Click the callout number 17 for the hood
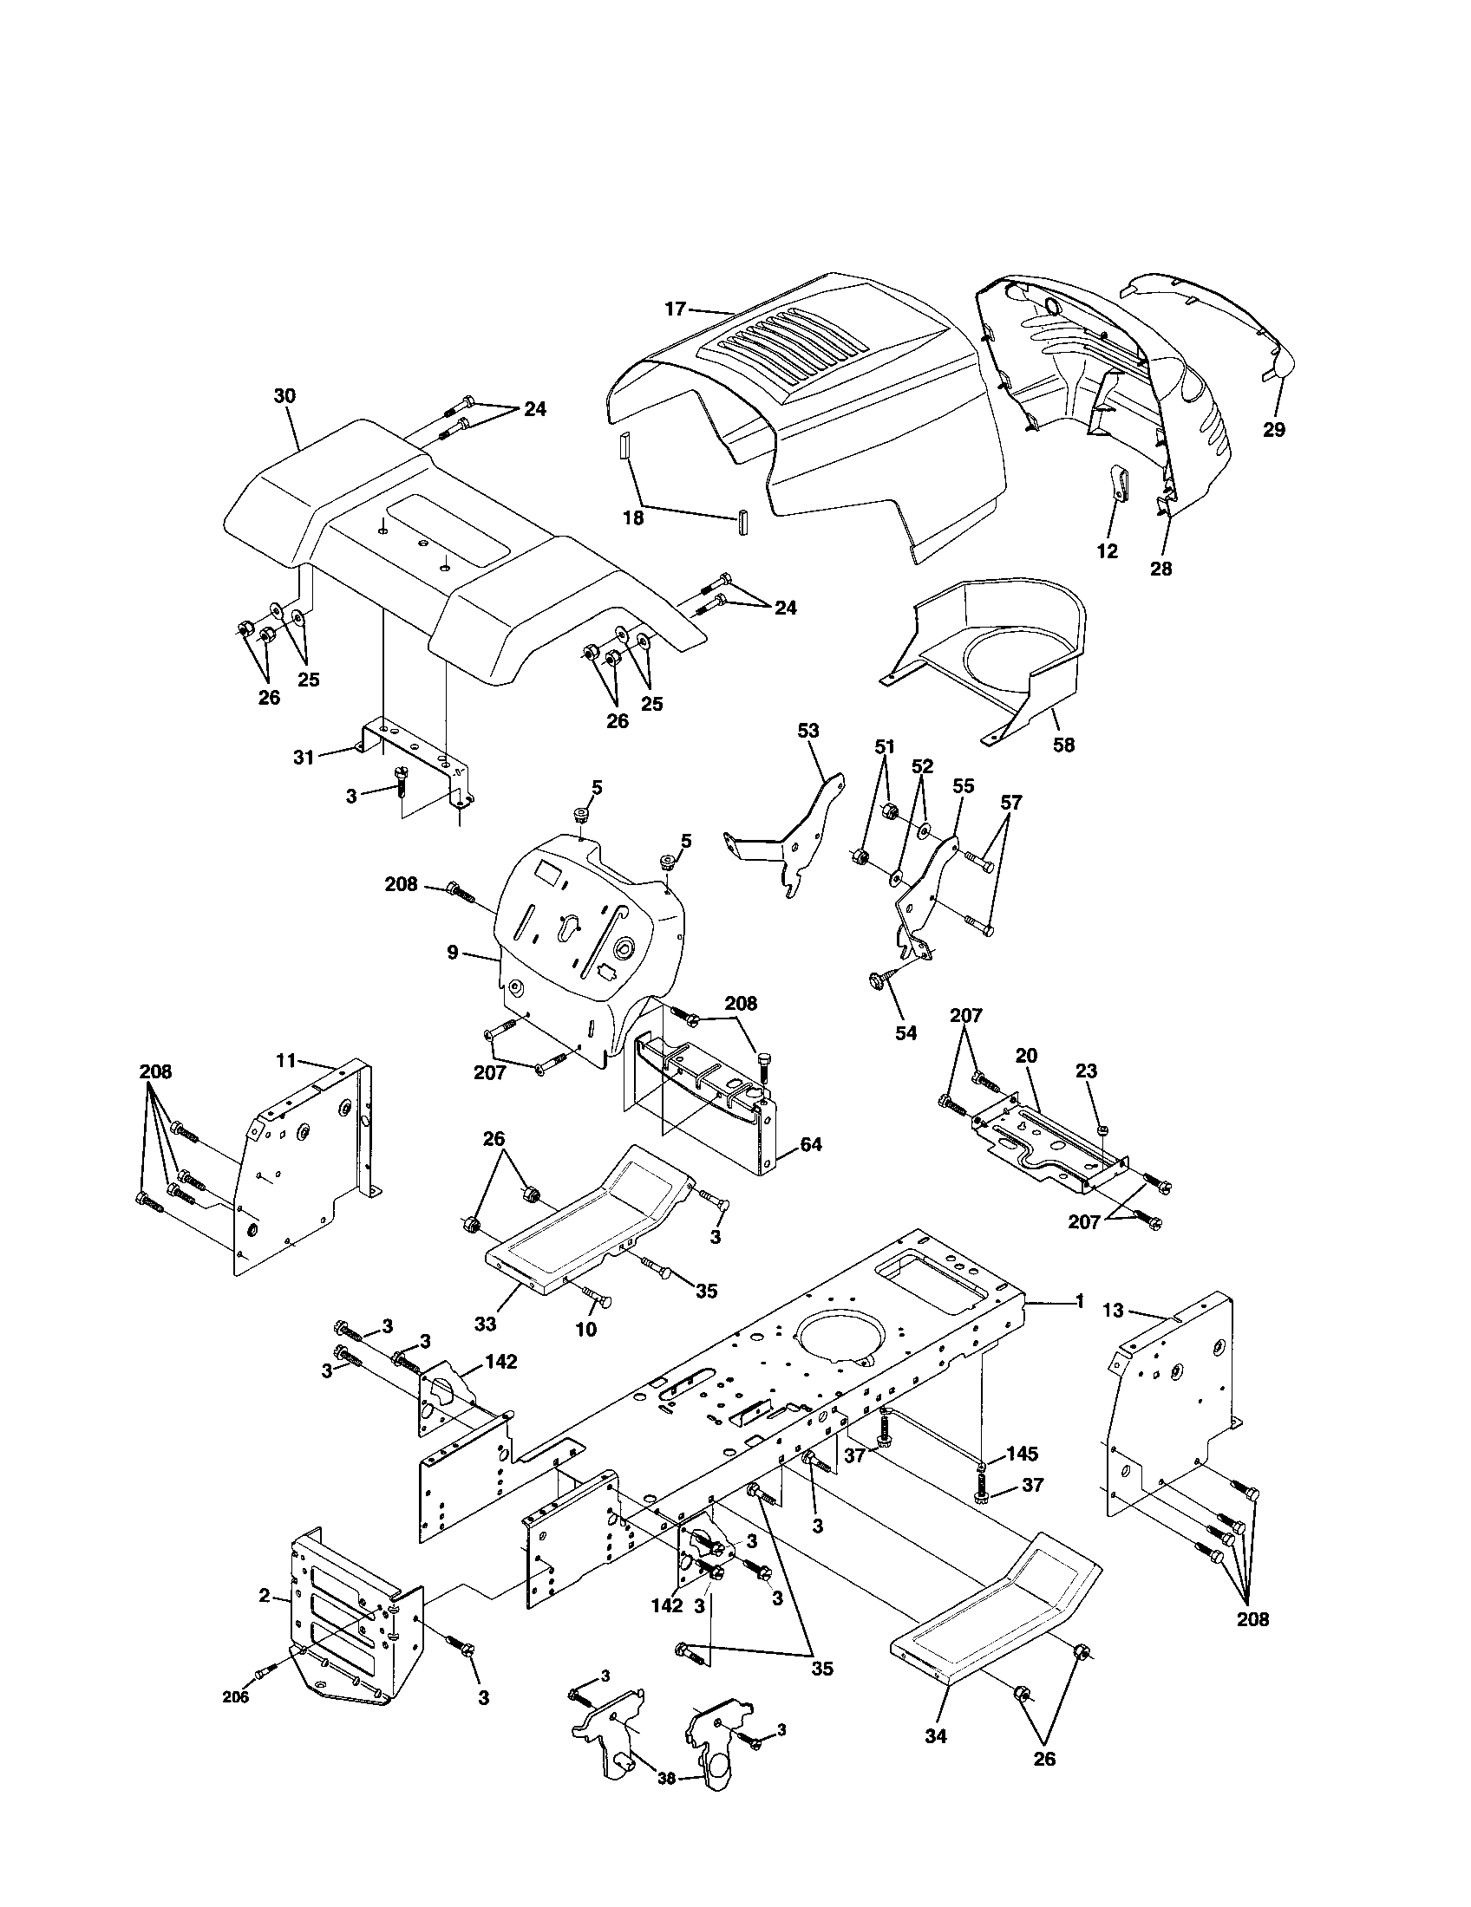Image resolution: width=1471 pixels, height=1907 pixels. (x=676, y=309)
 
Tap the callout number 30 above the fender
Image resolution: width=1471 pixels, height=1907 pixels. (x=284, y=395)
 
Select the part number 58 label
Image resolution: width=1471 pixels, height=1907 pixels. (x=1063, y=745)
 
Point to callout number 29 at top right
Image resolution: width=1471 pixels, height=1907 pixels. (x=1274, y=430)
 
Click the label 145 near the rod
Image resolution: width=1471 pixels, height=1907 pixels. (x=1022, y=1454)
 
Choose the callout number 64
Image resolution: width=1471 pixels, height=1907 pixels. (x=812, y=1144)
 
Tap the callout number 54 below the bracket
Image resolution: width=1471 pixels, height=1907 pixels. (x=906, y=1033)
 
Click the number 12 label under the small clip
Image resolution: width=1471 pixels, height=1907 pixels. (x=1107, y=552)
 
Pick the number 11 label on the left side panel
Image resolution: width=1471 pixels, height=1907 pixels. (x=287, y=1061)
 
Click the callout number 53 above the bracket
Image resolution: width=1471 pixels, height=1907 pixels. (x=809, y=730)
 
